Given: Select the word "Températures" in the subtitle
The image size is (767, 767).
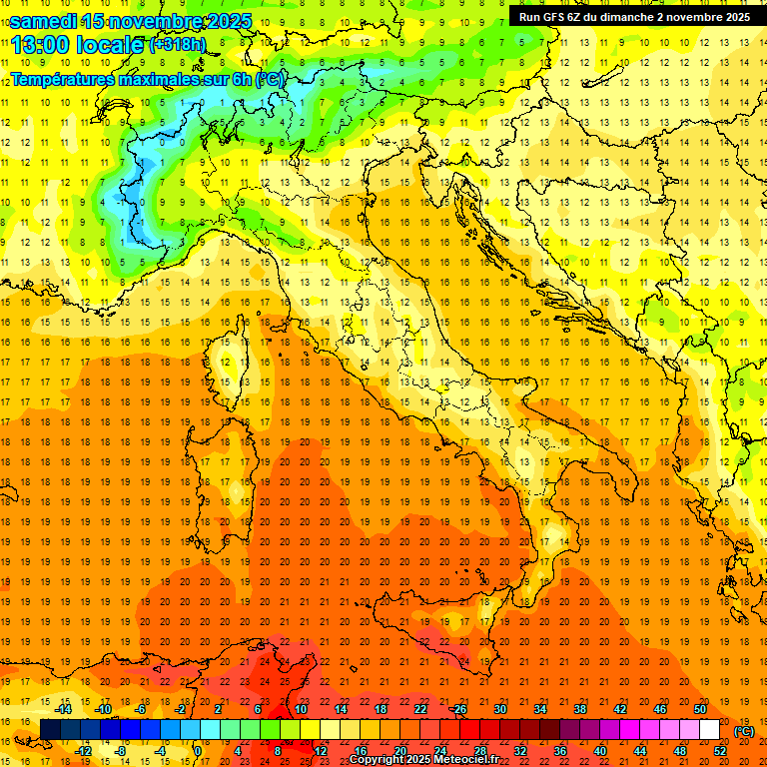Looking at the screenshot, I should pos(61,79).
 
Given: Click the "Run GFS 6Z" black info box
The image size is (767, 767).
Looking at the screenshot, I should pos(635,17).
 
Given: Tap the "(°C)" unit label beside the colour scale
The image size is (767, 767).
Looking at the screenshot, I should pos(744,731).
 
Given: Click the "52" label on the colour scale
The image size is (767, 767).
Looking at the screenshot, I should pos(720,751).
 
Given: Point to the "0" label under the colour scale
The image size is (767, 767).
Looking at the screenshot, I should pos(198,751).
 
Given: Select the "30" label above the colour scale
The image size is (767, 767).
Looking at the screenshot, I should pos(499,709).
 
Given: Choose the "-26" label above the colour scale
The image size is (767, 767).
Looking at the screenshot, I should pos(458,709).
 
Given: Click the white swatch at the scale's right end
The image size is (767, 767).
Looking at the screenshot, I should pos(709,730).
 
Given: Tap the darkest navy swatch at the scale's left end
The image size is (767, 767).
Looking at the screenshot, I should pos(50,730).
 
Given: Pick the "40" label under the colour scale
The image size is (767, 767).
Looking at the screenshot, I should pos(600,751).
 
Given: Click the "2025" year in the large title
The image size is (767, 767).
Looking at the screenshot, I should pos(229,21).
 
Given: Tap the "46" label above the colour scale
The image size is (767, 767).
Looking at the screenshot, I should pos(660,709).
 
